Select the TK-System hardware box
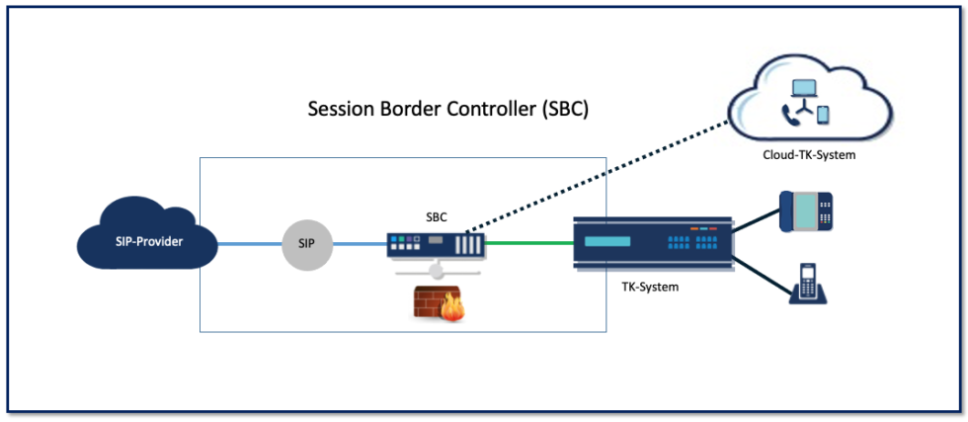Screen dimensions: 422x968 [x=653, y=241]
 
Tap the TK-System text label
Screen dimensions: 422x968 [x=644, y=288]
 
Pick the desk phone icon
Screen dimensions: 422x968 [x=806, y=211]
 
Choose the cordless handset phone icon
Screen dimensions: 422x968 [x=807, y=283]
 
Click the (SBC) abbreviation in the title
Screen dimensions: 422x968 [x=565, y=109]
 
